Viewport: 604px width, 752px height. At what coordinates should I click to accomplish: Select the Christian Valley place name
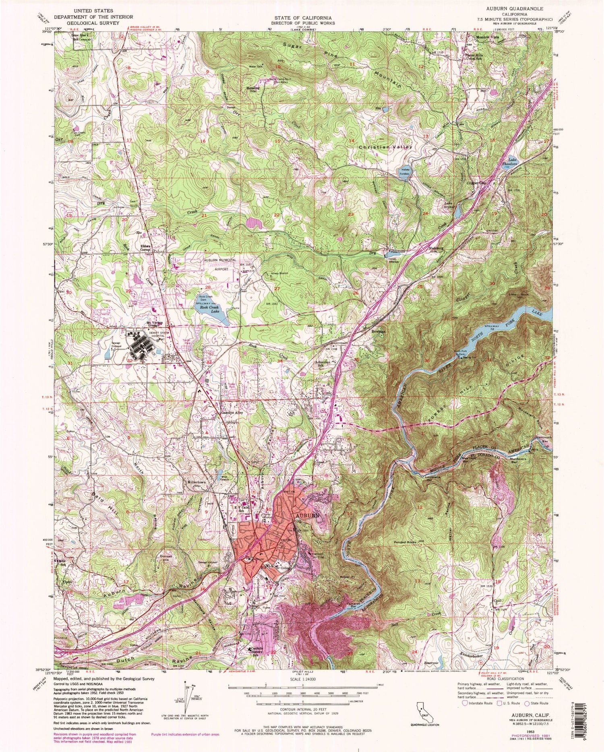(385, 147)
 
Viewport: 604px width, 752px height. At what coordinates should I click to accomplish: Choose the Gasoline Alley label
(230, 413)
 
